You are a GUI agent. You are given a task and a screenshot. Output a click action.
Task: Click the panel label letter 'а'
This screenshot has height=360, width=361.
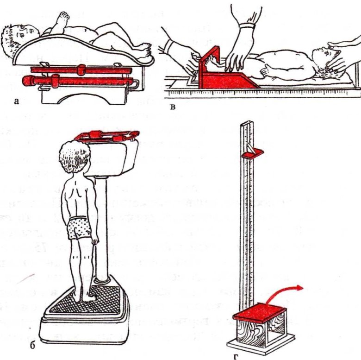(x=16, y=101)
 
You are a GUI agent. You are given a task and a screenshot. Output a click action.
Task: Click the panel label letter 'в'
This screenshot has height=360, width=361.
(x=173, y=107)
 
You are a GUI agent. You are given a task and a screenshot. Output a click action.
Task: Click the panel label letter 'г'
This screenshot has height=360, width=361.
(x=236, y=357)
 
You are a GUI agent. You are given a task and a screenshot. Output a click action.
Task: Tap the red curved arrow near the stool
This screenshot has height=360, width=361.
(x=283, y=290)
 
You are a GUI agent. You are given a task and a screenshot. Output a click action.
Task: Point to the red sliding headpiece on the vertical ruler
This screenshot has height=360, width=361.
(x=253, y=153)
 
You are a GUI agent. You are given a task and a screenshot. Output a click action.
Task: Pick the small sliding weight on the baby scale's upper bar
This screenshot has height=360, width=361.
(x=81, y=70)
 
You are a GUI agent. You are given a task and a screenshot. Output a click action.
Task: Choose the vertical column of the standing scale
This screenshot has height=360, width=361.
(x=101, y=228)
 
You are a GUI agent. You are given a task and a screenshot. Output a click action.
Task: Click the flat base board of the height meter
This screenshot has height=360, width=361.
(x=261, y=344)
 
